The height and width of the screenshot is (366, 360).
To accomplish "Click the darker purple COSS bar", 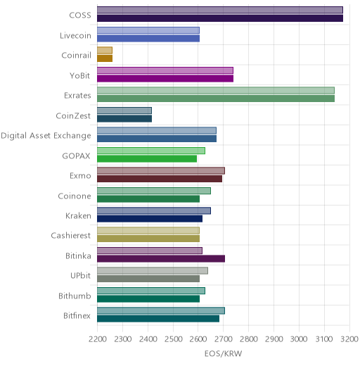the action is (x=220, y=18).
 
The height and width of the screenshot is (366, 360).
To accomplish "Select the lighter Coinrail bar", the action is (x=105, y=50).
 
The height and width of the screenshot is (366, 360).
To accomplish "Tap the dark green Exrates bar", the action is (x=216, y=99).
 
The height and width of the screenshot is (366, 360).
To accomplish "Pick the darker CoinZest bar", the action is (x=124, y=119).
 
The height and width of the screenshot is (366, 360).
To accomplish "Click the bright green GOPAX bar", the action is (x=147, y=159).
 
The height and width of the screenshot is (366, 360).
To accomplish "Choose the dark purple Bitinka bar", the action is (x=161, y=259).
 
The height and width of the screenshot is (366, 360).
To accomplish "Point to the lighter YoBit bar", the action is (x=165, y=70).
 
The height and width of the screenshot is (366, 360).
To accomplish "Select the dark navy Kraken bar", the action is (x=150, y=219).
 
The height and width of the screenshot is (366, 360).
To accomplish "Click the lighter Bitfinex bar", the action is (x=161, y=311).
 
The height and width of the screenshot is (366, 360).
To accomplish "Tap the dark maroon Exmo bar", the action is (x=160, y=179).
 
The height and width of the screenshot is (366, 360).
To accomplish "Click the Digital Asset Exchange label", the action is (x=46, y=136).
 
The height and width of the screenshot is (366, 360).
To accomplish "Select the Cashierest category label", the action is (x=71, y=235).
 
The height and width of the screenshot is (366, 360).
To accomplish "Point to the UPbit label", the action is (x=80, y=275).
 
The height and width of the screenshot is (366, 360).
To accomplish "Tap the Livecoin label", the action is (x=75, y=36).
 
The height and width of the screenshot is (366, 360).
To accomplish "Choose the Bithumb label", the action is (x=75, y=296).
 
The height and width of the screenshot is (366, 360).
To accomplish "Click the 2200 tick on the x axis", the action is (x=98, y=339).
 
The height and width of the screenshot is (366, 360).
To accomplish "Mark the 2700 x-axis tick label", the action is (x=224, y=339).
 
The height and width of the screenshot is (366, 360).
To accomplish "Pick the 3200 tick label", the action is (x=349, y=339).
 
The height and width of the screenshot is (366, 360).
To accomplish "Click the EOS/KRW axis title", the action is (x=223, y=353).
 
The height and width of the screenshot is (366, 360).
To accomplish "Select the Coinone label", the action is (x=75, y=196).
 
